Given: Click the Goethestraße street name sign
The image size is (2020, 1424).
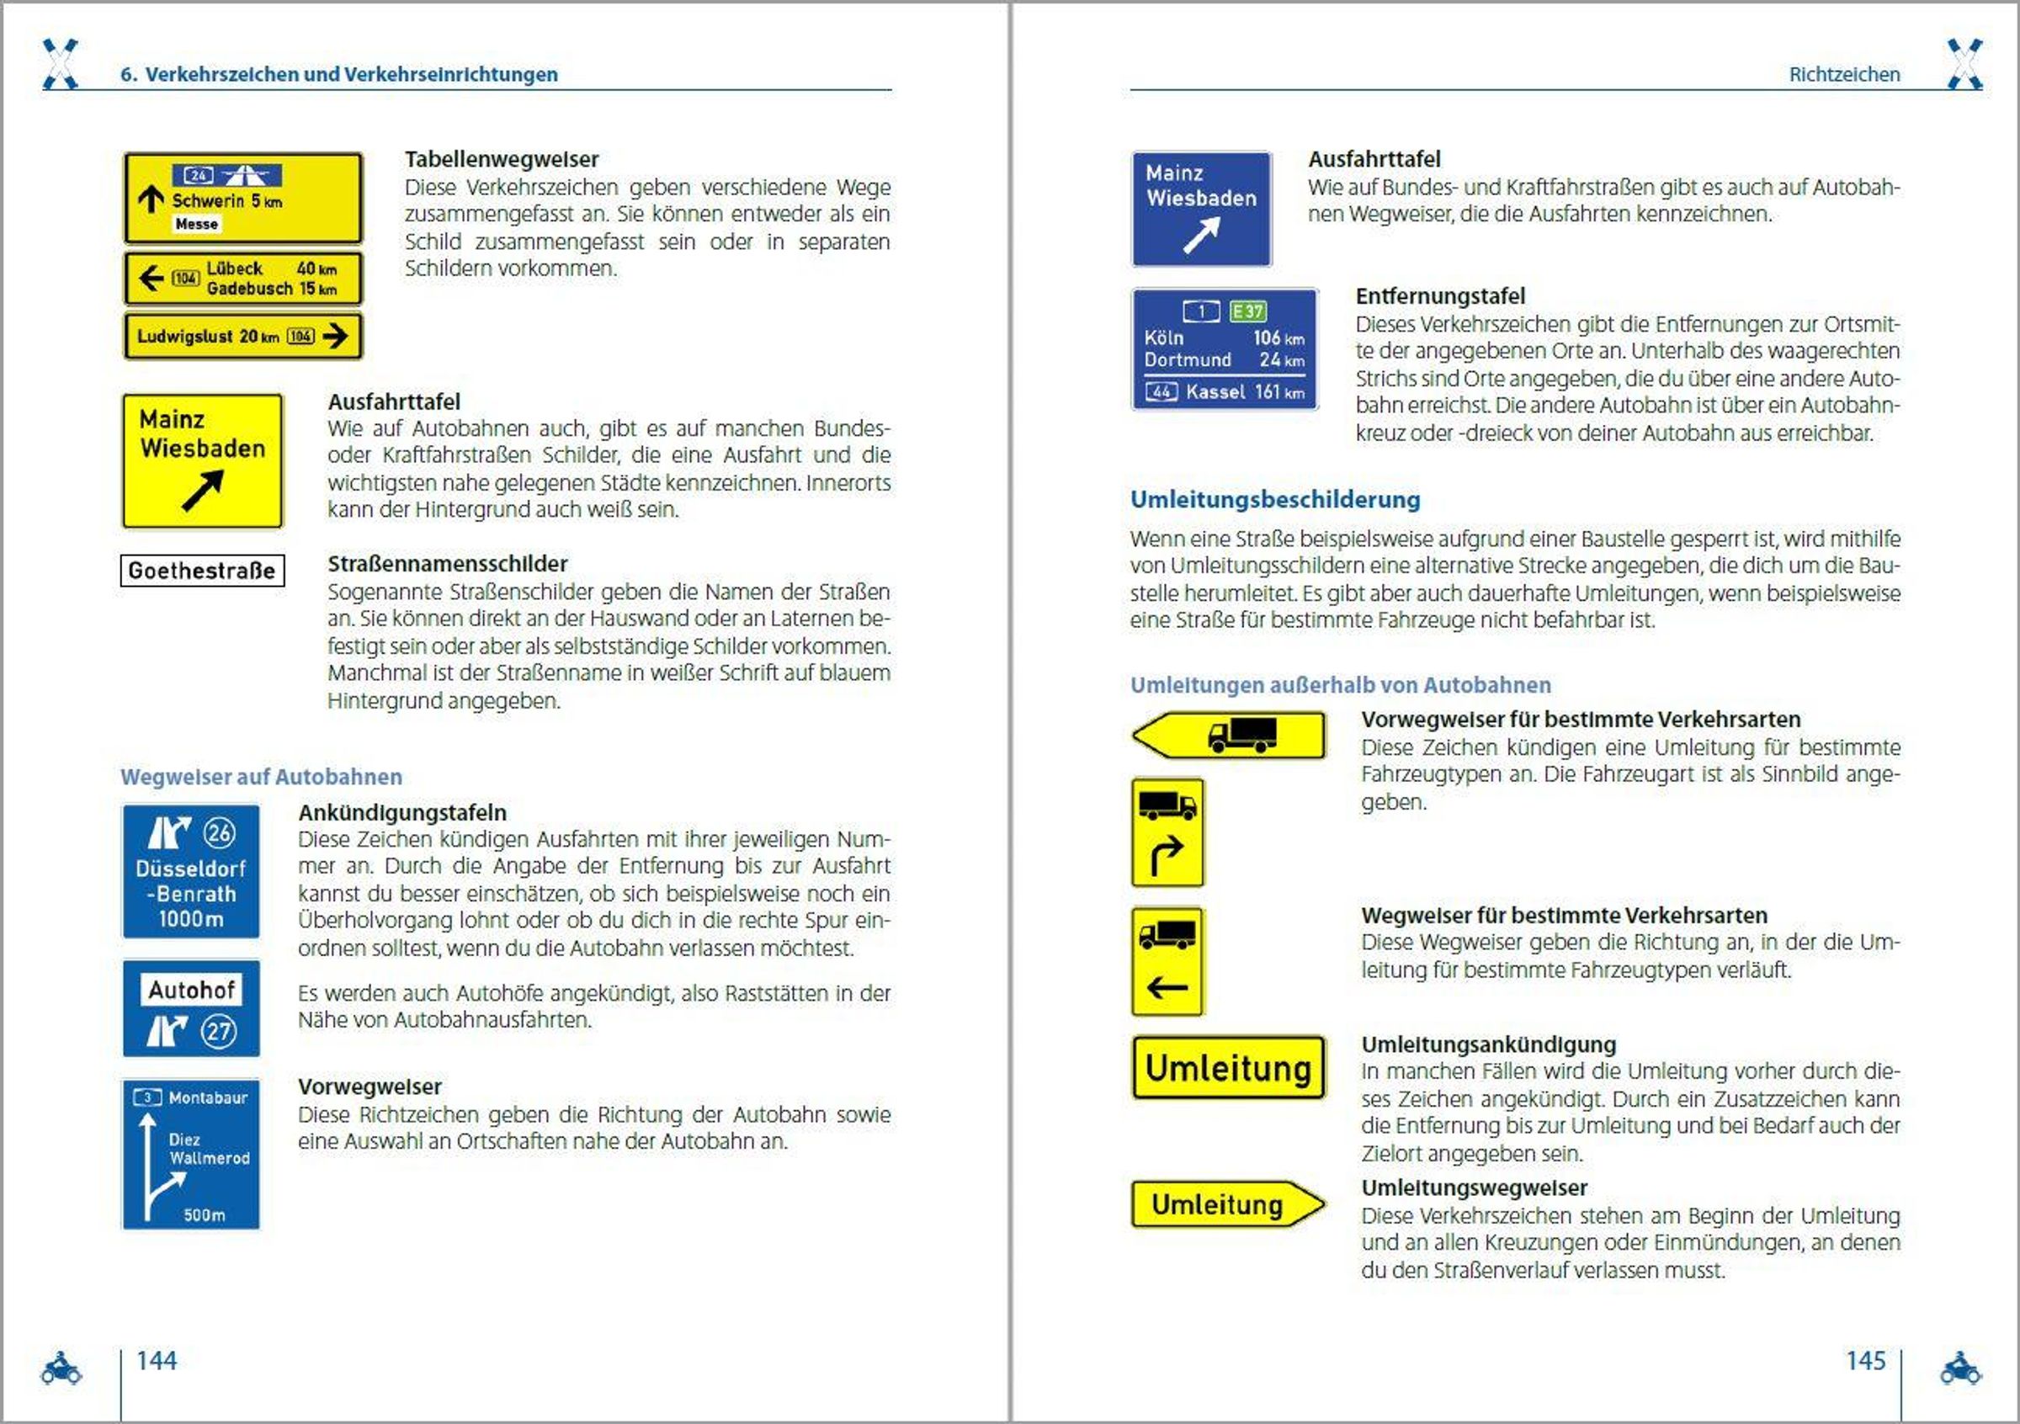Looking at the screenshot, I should tap(202, 570).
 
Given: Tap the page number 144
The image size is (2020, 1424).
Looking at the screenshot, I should tap(157, 1361).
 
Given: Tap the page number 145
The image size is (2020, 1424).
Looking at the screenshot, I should tap(1865, 1361).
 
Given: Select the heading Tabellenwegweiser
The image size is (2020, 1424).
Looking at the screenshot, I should tap(502, 159).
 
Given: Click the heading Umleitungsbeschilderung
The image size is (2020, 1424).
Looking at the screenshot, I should tap(1275, 500).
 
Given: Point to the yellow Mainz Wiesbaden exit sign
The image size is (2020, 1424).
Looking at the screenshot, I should tap(202, 461).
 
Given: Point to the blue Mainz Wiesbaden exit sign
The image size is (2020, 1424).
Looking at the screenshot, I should tap(1201, 209).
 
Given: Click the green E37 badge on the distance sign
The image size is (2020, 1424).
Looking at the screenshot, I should tap(1247, 311).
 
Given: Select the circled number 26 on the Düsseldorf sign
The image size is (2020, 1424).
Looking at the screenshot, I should tap(219, 832).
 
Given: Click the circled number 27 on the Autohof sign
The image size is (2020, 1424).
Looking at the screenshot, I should tap(219, 1031).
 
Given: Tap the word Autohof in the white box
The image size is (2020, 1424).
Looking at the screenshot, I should tap(191, 991).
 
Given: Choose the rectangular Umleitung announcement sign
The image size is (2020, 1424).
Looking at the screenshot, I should tap(1228, 1068).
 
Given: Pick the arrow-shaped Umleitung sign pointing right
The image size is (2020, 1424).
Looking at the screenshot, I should tap(1227, 1204).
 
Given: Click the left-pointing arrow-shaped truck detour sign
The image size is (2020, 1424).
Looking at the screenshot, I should tap(1229, 736).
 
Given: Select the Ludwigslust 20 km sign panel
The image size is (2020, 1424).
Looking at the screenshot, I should tap(242, 336).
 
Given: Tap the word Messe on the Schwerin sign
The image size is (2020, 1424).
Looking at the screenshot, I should tap(196, 224).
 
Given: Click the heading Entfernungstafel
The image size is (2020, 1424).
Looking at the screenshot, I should tap(1440, 296).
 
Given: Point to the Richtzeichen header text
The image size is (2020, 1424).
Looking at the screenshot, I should tap(1844, 75).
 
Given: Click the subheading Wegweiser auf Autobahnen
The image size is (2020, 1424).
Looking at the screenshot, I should tap(261, 777).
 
